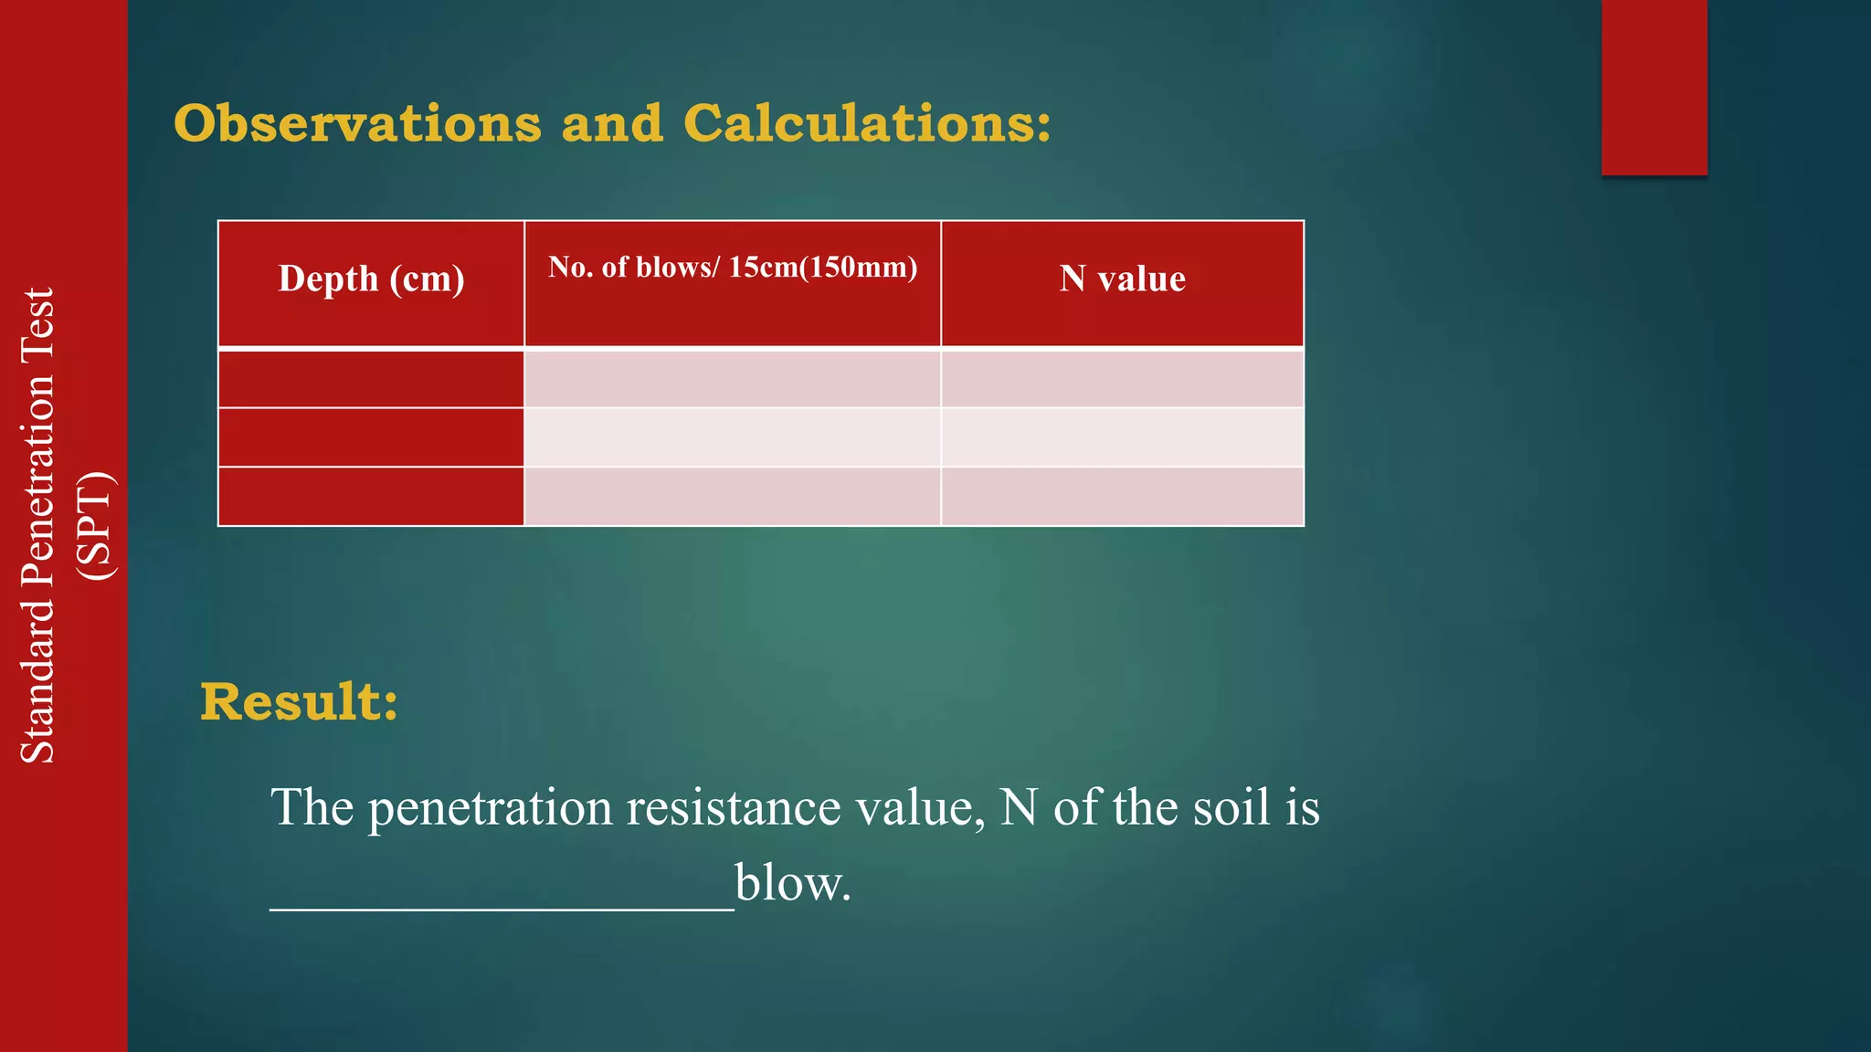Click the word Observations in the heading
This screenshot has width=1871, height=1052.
(357, 123)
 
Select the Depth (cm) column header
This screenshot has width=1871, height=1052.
(371, 279)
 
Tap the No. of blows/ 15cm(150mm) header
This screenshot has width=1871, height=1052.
(733, 267)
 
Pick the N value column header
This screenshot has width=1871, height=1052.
(1123, 279)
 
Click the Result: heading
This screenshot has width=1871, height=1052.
(300, 702)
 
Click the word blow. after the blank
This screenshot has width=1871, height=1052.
(793, 883)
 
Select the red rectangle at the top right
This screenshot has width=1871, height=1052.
(1654, 87)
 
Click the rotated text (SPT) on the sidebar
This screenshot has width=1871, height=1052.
(96, 526)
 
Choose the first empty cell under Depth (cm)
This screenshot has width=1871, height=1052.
(371, 379)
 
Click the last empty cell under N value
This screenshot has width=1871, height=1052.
(1122, 497)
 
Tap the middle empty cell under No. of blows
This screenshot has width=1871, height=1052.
(733, 437)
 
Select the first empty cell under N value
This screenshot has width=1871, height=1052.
(1122, 379)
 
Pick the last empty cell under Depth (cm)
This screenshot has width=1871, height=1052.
(371, 497)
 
